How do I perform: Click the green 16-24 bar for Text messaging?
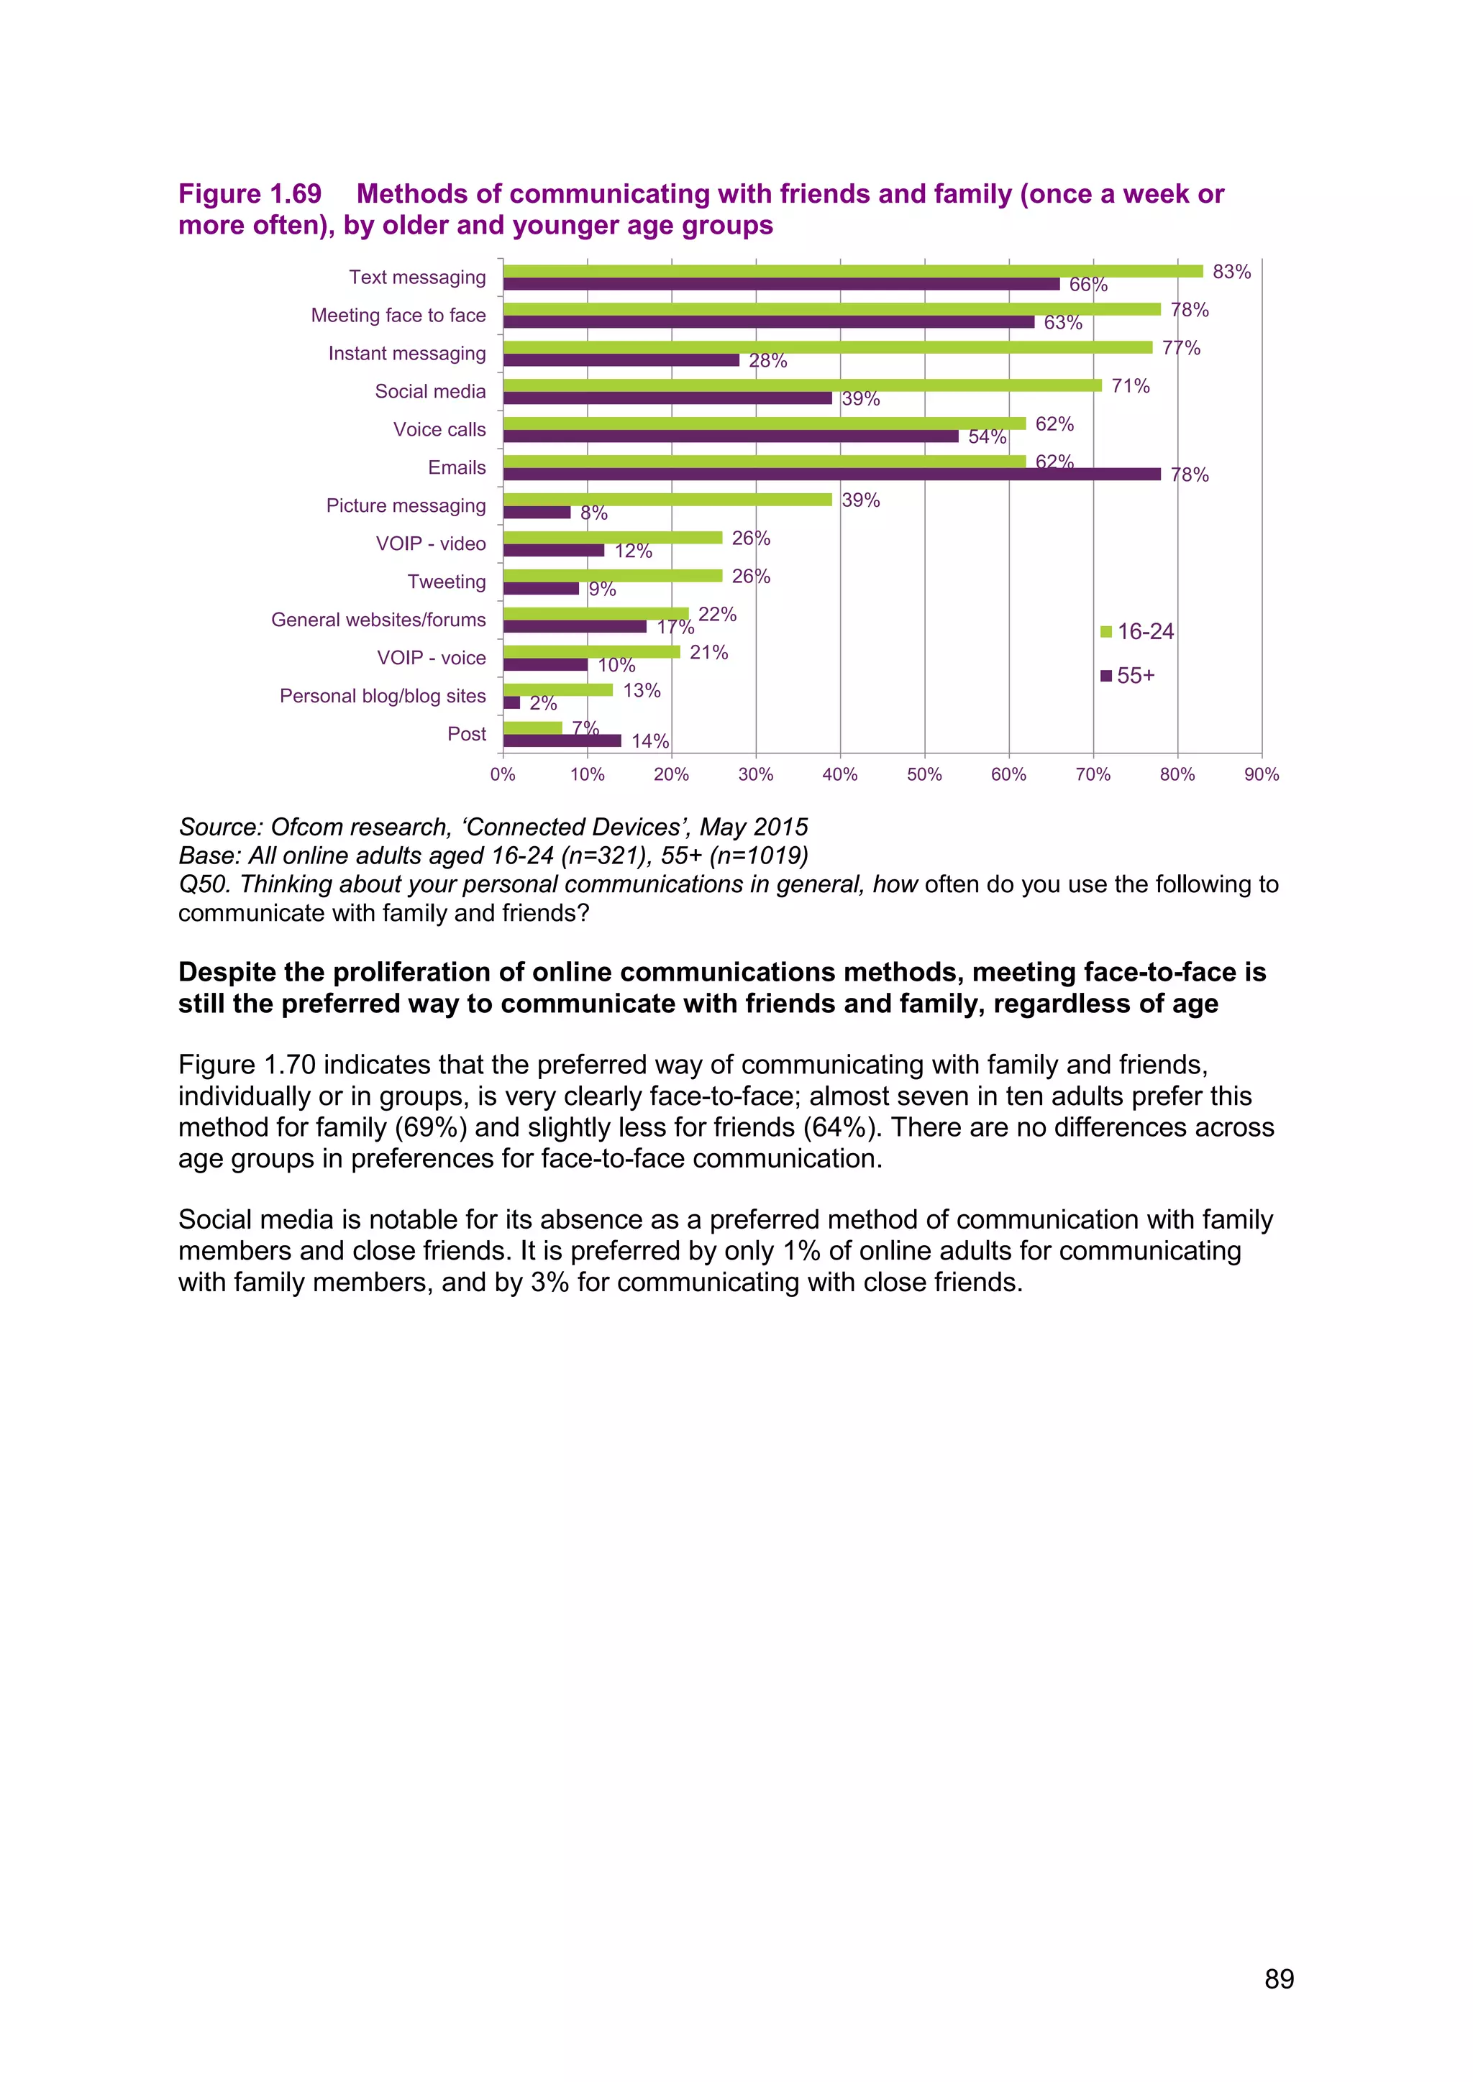click(x=852, y=271)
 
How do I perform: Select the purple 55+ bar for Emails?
click(x=831, y=474)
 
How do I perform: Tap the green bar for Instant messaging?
click(x=827, y=347)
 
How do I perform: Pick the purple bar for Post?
click(x=562, y=741)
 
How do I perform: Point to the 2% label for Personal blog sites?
click(x=542, y=704)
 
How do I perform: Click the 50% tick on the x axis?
click(x=924, y=774)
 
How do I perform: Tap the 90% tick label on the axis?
click(x=1261, y=774)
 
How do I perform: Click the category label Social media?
click(x=430, y=392)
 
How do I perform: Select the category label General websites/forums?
click(x=378, y=620)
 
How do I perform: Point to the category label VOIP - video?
click(x=431, y=544)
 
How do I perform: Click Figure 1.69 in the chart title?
click(x=250, y=194)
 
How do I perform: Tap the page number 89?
click(x=1279, y=1978)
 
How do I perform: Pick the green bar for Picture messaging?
click(x=667, y=500)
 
